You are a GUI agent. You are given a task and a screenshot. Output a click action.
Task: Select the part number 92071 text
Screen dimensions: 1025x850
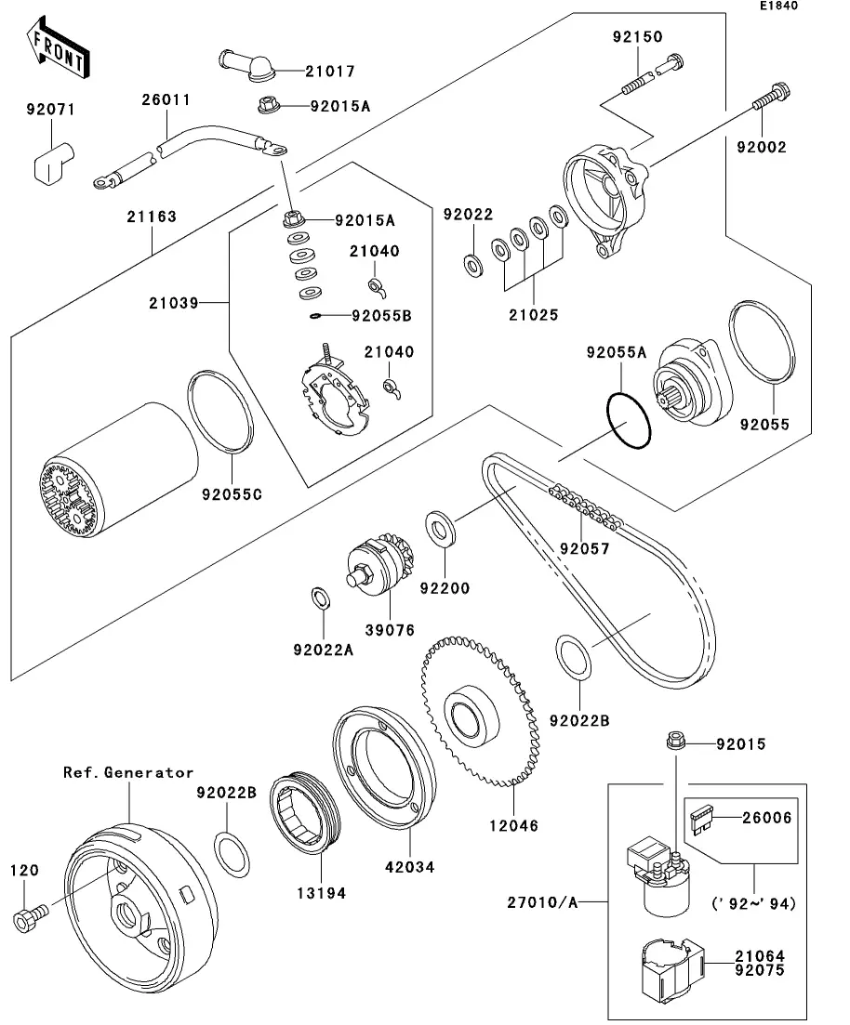(x=49, y=110)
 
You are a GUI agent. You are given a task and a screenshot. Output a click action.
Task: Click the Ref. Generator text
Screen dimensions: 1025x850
(x=128, y=772)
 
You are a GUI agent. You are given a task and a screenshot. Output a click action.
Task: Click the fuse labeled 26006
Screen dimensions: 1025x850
(x=704, y=819)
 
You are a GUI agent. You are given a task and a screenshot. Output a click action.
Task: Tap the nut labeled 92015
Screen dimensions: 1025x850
(x=676, y=742)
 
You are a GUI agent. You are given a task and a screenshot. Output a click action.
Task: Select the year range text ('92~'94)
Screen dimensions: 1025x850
(x=753, y=902)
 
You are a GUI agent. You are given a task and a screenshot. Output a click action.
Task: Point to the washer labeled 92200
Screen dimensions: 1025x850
(x=440, y=528)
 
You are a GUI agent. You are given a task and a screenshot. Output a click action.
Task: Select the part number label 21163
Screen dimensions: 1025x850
(x=153, y=217)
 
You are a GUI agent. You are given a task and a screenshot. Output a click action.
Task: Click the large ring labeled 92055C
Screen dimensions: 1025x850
(x=222, y=413)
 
